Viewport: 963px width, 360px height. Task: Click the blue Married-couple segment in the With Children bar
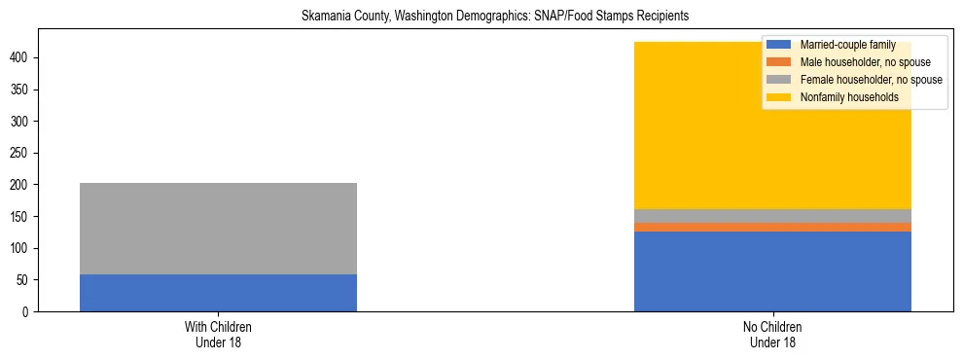pos(218,293)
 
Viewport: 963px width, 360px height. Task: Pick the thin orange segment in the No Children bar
pos(772,227)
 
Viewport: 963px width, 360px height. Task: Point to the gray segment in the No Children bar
pos(772,216)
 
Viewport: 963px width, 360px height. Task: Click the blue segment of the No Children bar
pos(772,271)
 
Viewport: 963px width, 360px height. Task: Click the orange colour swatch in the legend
pos(779,62)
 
